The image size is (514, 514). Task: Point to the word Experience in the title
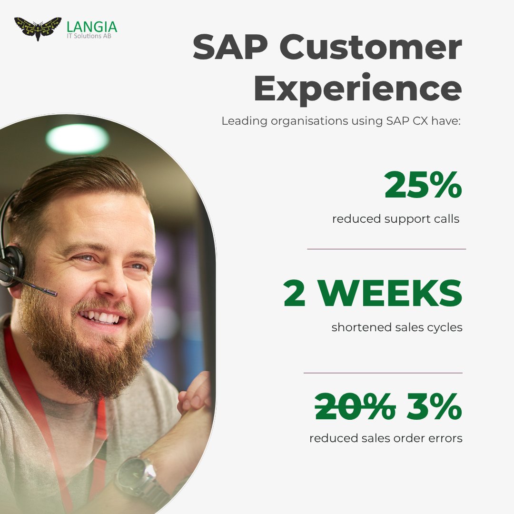coord(357,88)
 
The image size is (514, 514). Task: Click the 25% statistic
coord(423,185)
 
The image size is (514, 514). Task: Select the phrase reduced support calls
coord(395,219)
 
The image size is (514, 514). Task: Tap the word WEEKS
coord(390,294)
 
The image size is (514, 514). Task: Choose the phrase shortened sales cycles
coord(397,327)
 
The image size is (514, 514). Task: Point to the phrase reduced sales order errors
coord(385,438)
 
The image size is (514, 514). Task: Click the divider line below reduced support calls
coord(386,249)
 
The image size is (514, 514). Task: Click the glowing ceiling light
coord(77,138)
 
